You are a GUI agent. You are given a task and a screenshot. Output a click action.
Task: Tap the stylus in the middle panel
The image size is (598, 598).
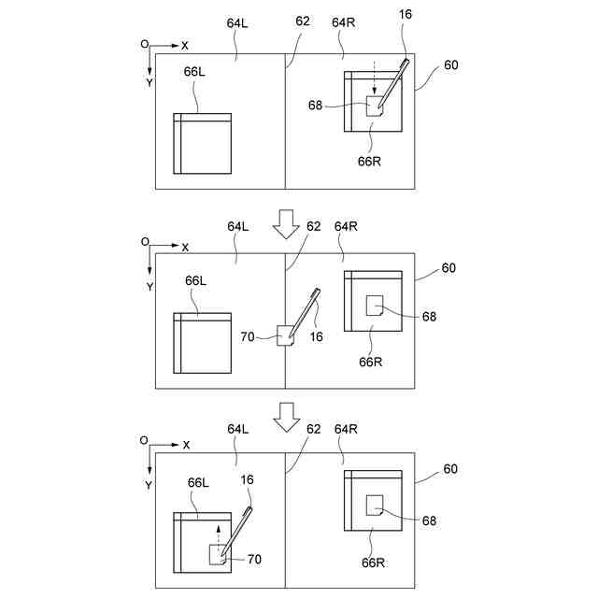click(306, 312)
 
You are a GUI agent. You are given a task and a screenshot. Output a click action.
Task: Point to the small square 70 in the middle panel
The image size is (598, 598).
click(286, 335)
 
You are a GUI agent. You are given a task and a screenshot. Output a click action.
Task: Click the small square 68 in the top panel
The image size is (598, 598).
click(375, 107)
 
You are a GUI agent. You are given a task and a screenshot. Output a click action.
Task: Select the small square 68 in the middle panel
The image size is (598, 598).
click(376, 306)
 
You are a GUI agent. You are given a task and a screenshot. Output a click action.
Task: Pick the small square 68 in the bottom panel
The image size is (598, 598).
click(376, 505)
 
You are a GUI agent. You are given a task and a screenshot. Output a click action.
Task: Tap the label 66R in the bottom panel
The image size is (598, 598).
click(373, 562)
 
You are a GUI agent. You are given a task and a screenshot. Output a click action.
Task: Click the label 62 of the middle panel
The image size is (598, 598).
click(314, 226)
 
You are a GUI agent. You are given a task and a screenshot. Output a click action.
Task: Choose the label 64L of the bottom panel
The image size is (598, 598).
click(238, 429)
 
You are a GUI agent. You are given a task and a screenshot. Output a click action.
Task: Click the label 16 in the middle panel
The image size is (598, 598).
click(316, 336)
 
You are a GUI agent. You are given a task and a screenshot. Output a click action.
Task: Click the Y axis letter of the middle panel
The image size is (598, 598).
click(149, 287)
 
